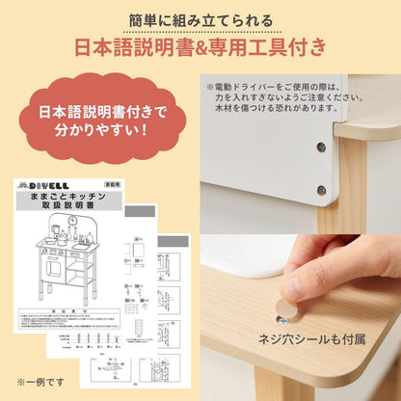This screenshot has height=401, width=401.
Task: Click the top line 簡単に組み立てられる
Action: coord(200,19)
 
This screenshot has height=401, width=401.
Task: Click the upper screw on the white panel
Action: coord(320,147)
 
